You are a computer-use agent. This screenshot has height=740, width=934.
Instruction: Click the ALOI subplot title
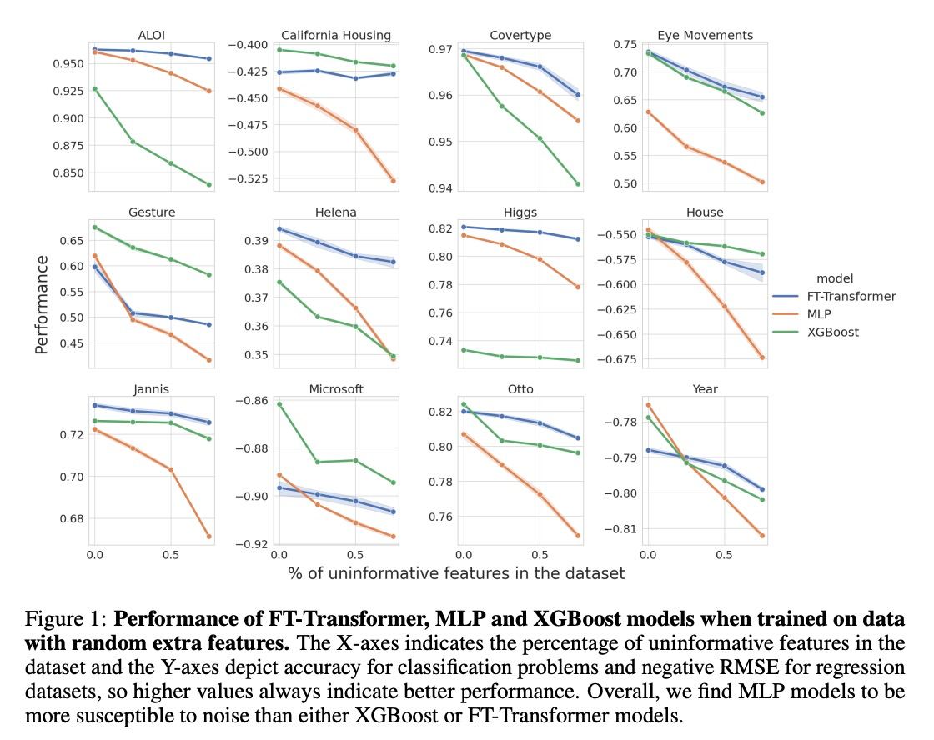pyautogui.click(x=152, y=35)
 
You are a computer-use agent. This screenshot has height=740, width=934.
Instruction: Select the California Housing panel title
pyautogui.click(x=336, y=35)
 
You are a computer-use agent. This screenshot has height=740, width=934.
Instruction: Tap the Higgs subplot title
pyautogui.click(x=520, y=212)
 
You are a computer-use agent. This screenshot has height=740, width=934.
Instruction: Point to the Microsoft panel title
pyautogui.click(x=336, y=389)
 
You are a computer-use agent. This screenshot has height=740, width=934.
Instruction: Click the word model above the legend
pyautogui.click(x=835, y=278)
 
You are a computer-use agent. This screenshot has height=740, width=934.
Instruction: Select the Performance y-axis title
pyautogui.click(x=42, y=304)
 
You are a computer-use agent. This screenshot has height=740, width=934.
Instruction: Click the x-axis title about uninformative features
pyautogui.click(x=456, y=573)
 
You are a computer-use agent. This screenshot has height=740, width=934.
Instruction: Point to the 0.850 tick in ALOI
pyautogui.click(x=67, y=173)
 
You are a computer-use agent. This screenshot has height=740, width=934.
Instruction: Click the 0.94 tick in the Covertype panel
pyautogui.click(x=439, y=188)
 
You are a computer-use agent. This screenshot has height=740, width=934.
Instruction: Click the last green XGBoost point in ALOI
pyautogui.click(x=208, y=184)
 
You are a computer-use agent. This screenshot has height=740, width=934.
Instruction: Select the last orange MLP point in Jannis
pyautogui.click(x=208, y=537)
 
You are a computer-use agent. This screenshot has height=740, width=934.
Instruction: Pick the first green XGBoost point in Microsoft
pyautogui.click(x=279, y=404)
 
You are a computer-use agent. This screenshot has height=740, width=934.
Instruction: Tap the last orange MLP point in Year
pyautogui.click(x=762, y=536)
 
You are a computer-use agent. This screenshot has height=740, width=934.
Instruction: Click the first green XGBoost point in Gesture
pyautogui.click(x=94, y=227)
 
